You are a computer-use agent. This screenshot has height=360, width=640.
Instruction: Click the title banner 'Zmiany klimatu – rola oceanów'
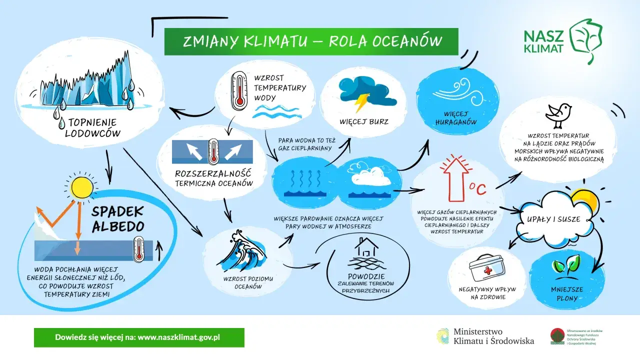(x=311, y=41)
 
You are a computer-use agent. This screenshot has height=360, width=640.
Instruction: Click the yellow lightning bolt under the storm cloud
(x=361, y=102)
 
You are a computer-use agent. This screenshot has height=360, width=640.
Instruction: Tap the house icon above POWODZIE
(x=366, y=247)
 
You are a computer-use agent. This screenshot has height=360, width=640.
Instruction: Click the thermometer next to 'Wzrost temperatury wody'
(x=239, y=90)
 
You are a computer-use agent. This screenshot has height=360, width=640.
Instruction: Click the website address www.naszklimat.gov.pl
(x=178, y=337)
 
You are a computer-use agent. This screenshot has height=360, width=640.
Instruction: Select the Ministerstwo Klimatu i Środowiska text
(x=493, y=336)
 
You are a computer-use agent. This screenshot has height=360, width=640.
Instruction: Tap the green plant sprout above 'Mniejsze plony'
(x=565, y=266)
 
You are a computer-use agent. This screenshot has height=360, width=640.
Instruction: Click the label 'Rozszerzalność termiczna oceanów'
(x=213, y=178)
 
